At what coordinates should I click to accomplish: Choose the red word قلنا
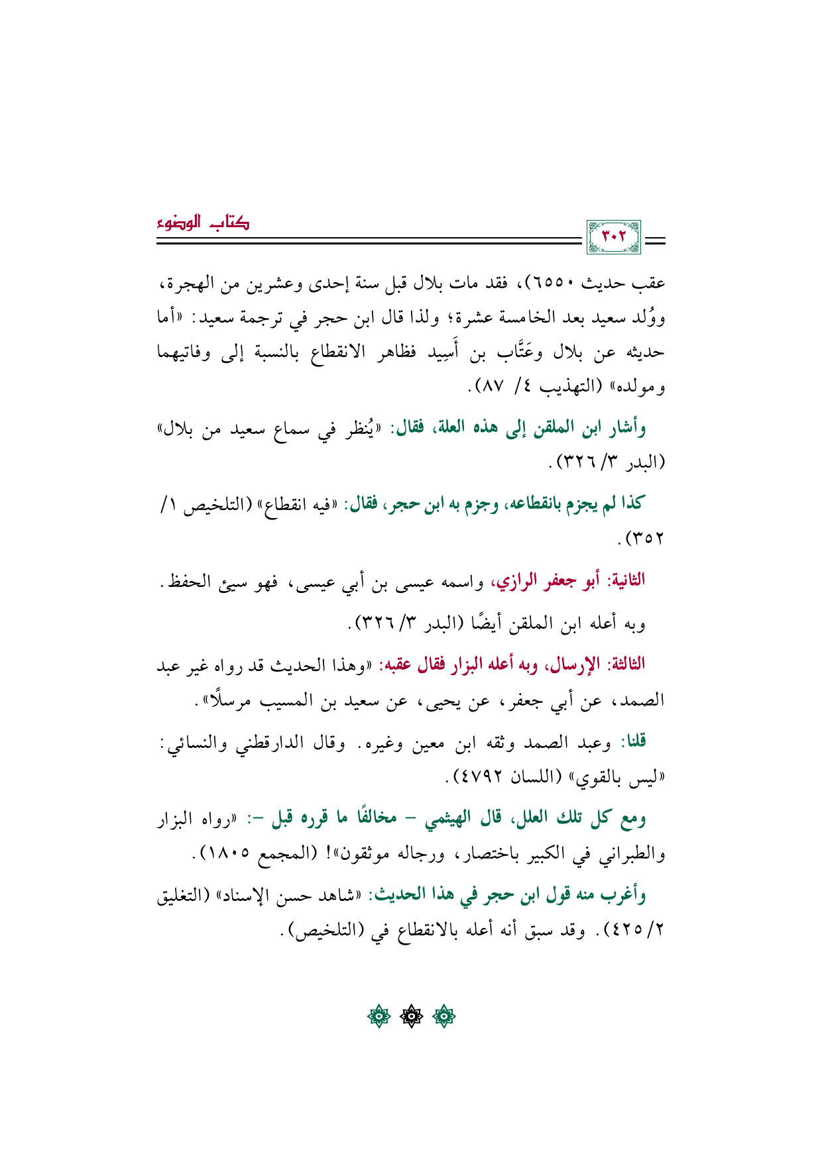(x=632, y=742)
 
